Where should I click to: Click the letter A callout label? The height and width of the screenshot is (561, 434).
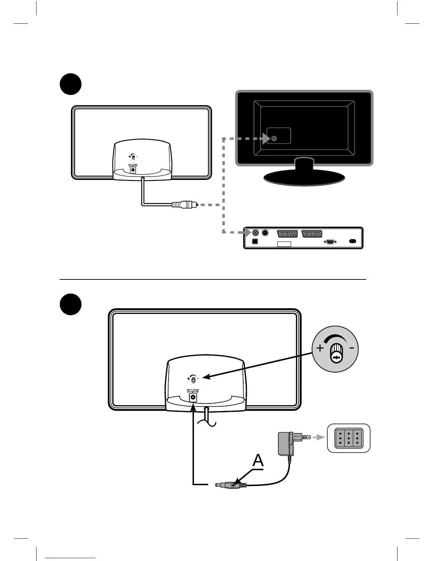(258, 461)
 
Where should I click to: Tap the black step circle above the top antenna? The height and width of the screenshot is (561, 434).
(70, 84)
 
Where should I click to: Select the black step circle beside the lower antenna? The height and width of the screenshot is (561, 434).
(70, 304)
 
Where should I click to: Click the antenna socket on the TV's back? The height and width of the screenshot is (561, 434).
(274, 139)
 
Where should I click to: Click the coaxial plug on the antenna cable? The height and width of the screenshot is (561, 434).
(184, 204)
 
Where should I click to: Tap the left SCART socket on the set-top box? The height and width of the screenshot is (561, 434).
(287, 234)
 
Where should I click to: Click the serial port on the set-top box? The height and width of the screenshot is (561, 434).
(330, 242)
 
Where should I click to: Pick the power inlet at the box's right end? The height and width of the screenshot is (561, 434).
(352, 241)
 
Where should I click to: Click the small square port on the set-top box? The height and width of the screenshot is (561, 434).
(254, 242)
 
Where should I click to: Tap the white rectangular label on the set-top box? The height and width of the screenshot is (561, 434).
(284, 244)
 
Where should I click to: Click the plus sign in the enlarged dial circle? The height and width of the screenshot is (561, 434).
(320, 348)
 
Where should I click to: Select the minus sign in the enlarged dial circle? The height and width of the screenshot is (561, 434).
(351, 348)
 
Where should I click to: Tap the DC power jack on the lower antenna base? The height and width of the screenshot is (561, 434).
(193, 397)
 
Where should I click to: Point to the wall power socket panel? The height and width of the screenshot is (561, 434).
(349, 438)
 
